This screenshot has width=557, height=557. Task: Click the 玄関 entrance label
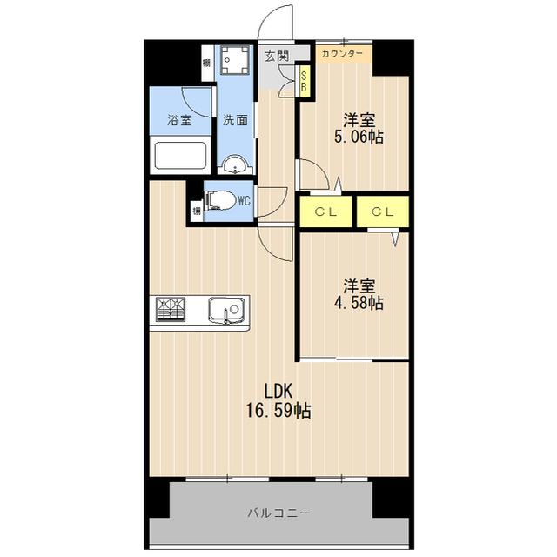pyautogui.click(x=277, y=56)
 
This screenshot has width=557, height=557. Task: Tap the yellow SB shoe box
pyautogui.click(x=304, y=81)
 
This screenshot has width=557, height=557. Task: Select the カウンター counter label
pyautogui.click(x=342, y=54)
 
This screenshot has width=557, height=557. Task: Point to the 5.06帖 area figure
pyautogui.click(x=359, y=138)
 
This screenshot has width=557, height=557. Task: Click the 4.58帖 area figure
pyautogui.click(x=359, y=304)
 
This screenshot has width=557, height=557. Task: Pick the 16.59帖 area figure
pyautogui.click(x=278, y=411)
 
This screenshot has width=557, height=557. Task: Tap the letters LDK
pyautogui.click(x=278, y=391)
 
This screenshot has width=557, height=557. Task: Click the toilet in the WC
pyautogui.click(x=220, y=201)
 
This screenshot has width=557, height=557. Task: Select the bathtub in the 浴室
pyautogui.click(x=181, y=156)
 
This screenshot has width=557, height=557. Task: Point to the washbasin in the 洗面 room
pyautogui.click(x=234, y=165)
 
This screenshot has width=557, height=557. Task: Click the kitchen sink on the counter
pyautogui.click(x=226, y=310)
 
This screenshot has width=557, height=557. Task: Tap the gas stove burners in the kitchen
pyautogui.click(x=171, y=309)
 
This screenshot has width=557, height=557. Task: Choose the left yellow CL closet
pyautogui.click(x=325, y=211)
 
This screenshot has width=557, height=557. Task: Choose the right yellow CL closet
pyautogui.click(x=383, y=211)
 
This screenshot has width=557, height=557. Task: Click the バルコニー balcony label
pyautogui.click(x=278, y=513)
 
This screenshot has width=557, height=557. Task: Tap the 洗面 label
pyautogui.click(x=235, y=120)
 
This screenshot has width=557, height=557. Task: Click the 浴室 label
pyautogui.click(x=180, y=120)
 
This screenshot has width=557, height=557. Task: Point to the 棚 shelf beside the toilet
pyautogui.click(x=197, y=211)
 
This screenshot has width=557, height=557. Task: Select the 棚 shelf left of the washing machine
pyautogui.click(x=206, y=63)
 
